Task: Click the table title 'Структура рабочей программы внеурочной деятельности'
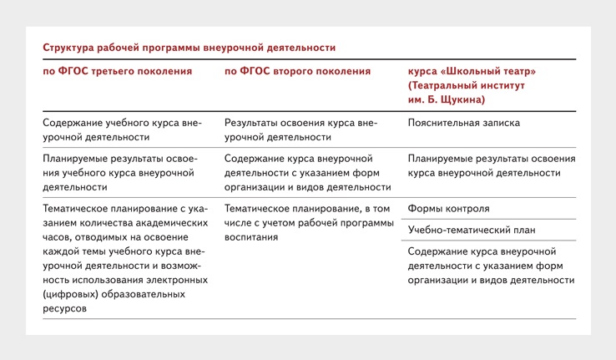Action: click(x=189, y=48)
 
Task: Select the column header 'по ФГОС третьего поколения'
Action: click(x=118, y=71)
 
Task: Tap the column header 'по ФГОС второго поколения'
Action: click(x=297, y=71)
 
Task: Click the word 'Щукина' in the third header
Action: click(x=462, y=100)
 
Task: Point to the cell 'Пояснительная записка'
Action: click(x=463, y=123)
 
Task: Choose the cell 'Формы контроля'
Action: click(x=448, y=209)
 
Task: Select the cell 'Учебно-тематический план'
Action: click(x=472, y=230)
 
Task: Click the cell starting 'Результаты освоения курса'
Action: click(x=300, y=130)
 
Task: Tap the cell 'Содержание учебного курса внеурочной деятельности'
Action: click(x=122, y=130)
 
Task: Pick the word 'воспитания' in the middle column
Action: click(x=251, y=237)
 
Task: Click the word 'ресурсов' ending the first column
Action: click(x=64, y=309)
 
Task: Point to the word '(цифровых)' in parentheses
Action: click(x=70, y=294)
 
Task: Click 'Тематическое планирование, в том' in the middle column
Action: click(x=307, y=209)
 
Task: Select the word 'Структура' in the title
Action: click(x=68, y=48)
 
